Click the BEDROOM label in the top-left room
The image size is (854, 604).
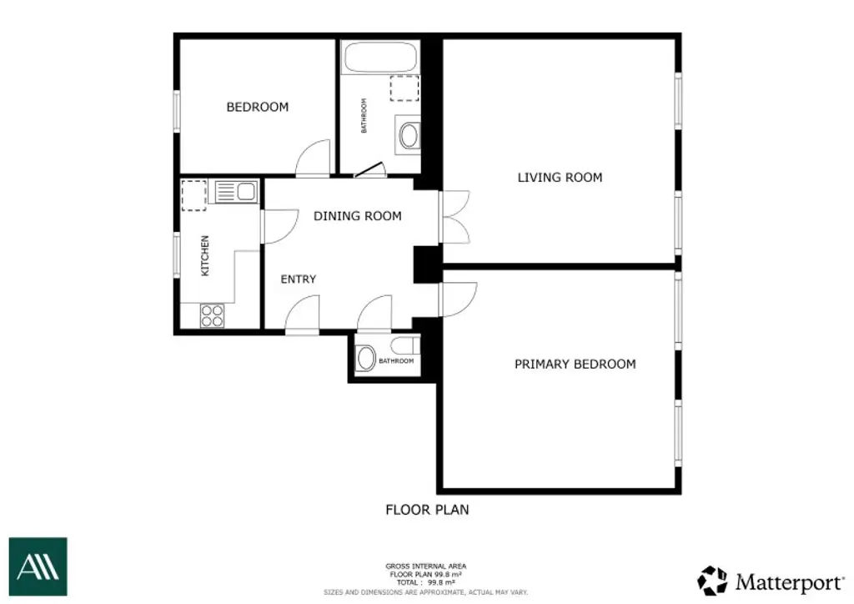(258, 107)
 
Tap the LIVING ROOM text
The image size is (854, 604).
(560, 177)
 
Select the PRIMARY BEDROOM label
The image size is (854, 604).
(575, 364)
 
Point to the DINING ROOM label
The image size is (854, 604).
(357, 216)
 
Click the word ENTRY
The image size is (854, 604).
(298, 279)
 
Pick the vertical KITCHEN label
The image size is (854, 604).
(204, 255)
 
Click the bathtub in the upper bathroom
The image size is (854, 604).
(380, 58)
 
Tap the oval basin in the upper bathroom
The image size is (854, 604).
(409, 135)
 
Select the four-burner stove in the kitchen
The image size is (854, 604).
(213, 315)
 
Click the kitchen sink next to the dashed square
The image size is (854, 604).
(235, 192)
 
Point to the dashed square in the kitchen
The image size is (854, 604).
(194, 194)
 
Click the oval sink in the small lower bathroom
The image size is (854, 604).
(365, 359)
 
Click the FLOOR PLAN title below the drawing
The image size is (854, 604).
(427, 509)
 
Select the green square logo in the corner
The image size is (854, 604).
(38, 566)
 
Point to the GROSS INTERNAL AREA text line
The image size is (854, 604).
(426, 565)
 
